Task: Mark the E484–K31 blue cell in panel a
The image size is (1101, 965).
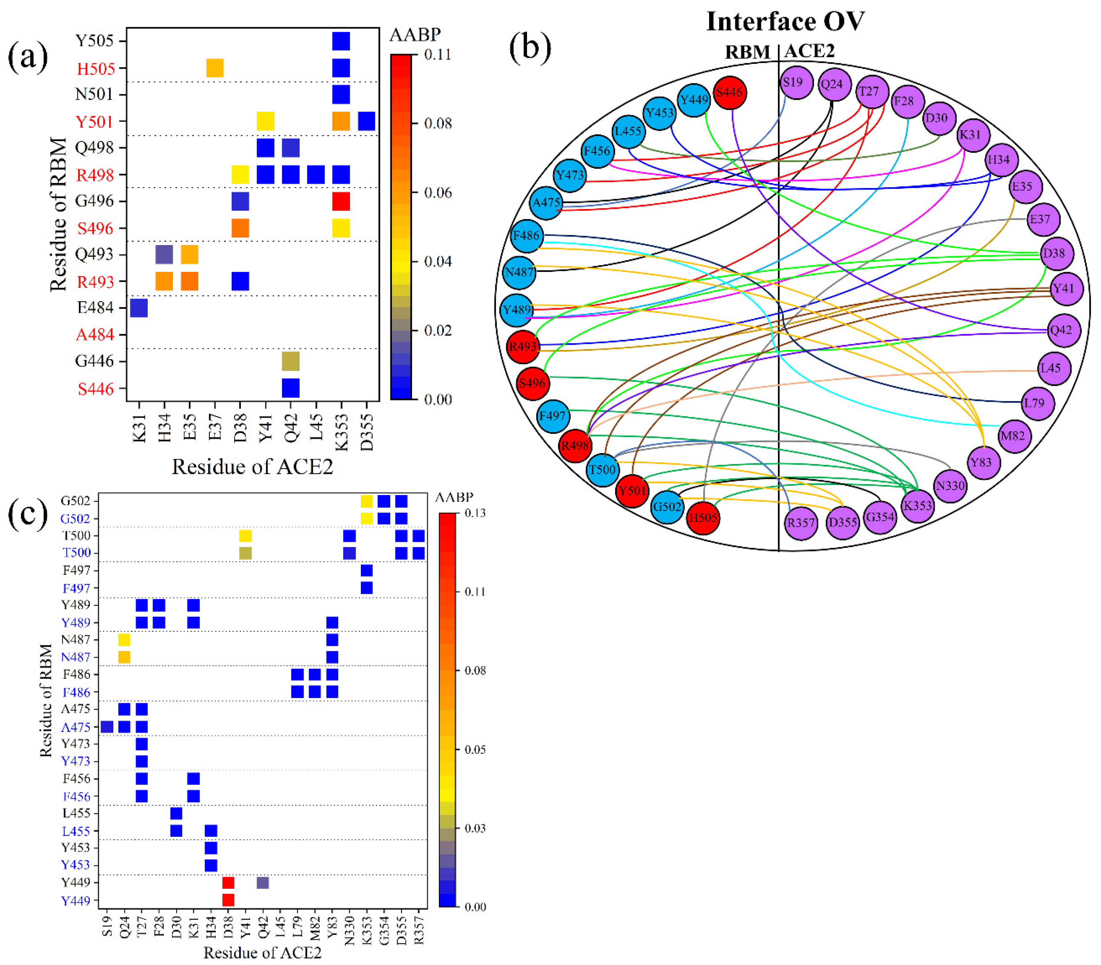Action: pos(139,308)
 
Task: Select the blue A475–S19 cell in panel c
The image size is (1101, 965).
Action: pos(107,727)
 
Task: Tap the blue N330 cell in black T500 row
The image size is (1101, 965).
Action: pos(349,536)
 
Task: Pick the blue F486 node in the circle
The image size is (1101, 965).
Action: pos(526,236)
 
